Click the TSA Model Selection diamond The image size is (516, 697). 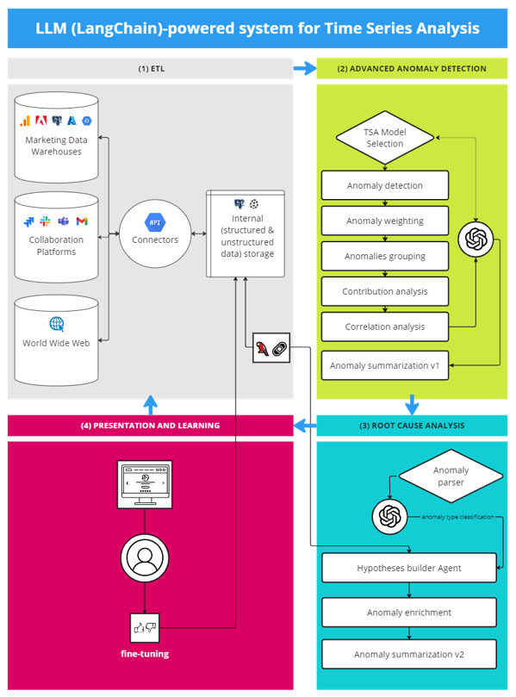point(384,138)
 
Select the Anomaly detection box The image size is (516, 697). point(384,185)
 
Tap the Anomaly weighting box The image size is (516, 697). point(384,221)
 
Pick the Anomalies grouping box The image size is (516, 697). point(384,256)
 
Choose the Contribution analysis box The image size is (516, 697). point(384,291)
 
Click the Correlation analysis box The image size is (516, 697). point(384,327)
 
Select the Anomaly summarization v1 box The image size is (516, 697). point(384,365)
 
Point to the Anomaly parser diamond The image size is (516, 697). point(451,476)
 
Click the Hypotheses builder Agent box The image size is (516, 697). point(408,569)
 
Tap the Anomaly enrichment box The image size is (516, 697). point(408,613)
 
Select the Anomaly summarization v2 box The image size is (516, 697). point(408,655)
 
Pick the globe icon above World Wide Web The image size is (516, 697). point(57,324)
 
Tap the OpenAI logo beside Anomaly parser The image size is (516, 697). point(389,517)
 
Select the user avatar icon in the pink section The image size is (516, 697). point(144,557)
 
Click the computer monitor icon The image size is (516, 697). point(144,482)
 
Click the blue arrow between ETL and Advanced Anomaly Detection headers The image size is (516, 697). point(304,68)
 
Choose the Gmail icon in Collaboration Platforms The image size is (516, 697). point(82,222)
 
